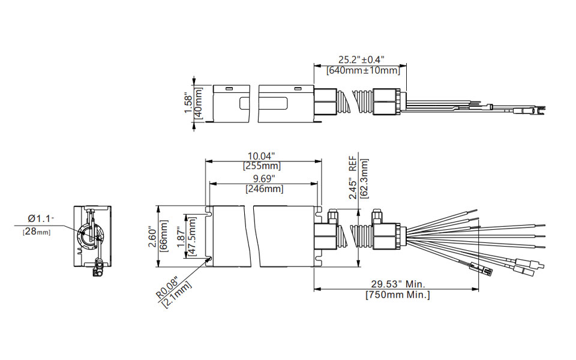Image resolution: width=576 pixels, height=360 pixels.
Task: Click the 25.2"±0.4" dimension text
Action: click(361, 59)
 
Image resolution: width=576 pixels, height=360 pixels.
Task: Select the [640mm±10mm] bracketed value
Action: click(363, 70)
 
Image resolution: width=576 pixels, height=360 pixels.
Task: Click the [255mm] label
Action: click(262, 166)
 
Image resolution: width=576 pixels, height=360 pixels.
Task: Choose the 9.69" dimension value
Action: click(264, 179)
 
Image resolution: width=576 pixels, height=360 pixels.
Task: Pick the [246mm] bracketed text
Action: click(264, 189)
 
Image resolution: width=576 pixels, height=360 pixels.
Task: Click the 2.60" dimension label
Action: click(153, 237)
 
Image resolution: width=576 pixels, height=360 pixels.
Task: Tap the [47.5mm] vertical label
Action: click(192, 236)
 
